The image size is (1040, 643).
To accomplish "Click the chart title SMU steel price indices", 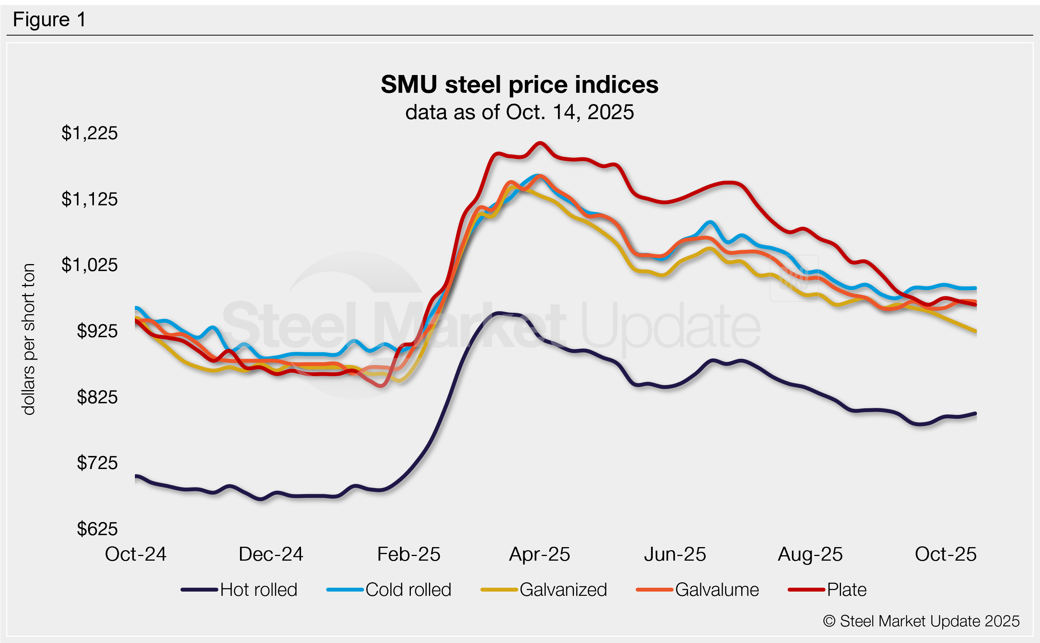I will click(519, 84).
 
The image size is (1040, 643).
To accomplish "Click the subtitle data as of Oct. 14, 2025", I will click(519, 112).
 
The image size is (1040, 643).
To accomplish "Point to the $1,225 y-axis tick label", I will click(89, 133).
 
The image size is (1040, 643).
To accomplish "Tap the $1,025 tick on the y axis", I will click(89, 265).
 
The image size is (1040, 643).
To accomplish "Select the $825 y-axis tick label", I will click(97, 397).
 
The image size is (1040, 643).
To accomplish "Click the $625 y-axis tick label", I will click(97, 529).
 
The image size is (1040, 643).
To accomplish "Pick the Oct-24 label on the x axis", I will click(136, 554).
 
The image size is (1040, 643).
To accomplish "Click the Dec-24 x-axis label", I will click(271, 554).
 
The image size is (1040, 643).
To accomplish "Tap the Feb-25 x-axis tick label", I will click(409, 554).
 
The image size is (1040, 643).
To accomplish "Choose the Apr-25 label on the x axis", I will click(540, 554).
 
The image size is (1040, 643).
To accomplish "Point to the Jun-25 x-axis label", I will click(675, 554).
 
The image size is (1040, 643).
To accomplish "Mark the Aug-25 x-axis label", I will click(810, 554).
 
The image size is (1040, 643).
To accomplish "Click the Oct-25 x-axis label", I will click(945, 554).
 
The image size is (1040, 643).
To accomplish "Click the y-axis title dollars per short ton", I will click(29, 339).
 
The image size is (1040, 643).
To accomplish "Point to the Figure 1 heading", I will click(49, 20).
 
